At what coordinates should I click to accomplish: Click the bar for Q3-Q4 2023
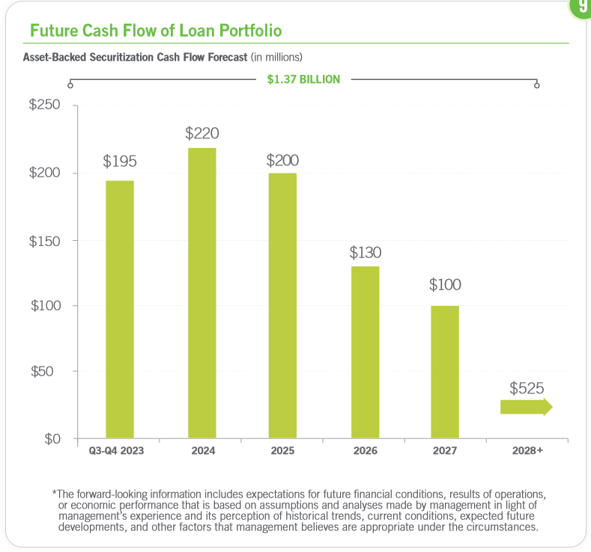pyautogui.click(x=119, y=309)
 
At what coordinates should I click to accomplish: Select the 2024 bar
pyautogui.click(x=202, y=292)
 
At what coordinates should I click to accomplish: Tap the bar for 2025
pyautogui.click(x=282, y=305)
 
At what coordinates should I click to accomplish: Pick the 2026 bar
pyautogui.click(x=365, y=352)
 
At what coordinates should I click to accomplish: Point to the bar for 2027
pyautogui.click(x=445, y=372)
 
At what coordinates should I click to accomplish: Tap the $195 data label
pyautogui.click(x=120, y=161)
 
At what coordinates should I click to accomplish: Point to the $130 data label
pyautogui.click(x=366, y=252)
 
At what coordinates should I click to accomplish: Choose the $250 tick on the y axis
pyautogui.click(x=44, y=105)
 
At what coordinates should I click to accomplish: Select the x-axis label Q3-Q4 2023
pyautogui.click(x=116, y=451)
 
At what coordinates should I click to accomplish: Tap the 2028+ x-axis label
pyautogui.click(x=527, y=451)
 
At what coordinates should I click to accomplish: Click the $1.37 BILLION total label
pyautogui.click(x=303, y=79)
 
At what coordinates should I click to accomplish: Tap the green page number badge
pyautogui.click(x=582, y=6)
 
